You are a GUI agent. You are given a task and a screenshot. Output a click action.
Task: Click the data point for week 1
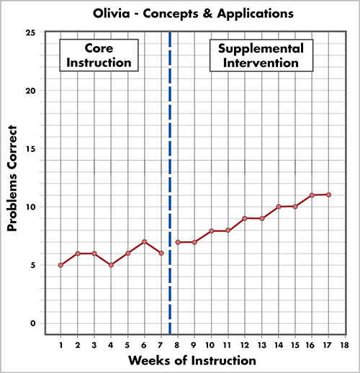click(x=60, y=265)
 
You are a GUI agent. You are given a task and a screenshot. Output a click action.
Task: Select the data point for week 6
click(x=144, y=242)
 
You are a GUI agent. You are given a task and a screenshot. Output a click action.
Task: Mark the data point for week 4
click(x=111, y=265)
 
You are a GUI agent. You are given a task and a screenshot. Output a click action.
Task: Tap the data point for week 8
click(x=178, y=242)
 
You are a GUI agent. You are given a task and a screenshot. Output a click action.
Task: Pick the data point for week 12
click(x=245, y=218)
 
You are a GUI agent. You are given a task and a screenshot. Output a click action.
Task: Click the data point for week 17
click(x=328, y=194)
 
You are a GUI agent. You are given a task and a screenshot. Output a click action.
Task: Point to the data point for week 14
click(x=278, y=207)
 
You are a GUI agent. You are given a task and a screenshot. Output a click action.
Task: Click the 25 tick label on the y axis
click(x=30, y=33)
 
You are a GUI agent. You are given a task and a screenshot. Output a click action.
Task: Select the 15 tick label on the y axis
click(x=30, y=149)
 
